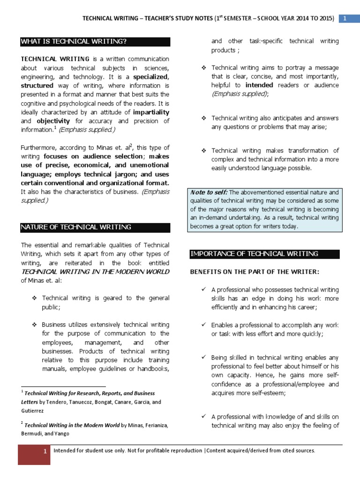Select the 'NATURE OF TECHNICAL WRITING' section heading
pyautogui.click(x=75, y=227)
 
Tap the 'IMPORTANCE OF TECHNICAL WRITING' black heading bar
pyautogui.click(x=254, y=254)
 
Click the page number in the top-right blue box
pyautogui.click(x=345, y=18)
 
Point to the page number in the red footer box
pyautogui.click(x=44, y=451)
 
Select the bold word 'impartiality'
pyautogui.click(x=150, y=112)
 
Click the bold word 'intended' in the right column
pyautogui.click(x=259, y=85)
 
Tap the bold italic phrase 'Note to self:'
pyautogui.click(x=209, y=192)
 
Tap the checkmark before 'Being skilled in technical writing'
pyautogui.click(x=203, y=358)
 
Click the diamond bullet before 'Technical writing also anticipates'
pyautogui.click(x=203, y=118)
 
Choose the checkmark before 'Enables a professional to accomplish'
pyautogui.click(x=203, y=325)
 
